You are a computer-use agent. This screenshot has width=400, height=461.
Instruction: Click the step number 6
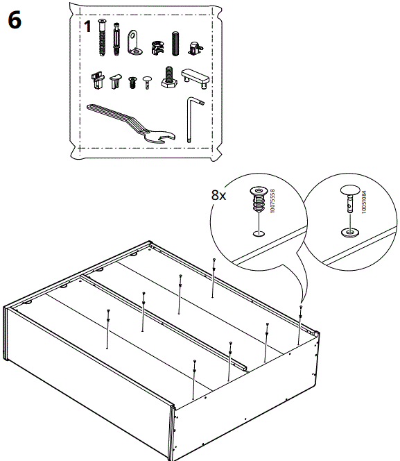(15, 19)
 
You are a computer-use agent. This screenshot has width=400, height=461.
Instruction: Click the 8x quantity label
(219, 196)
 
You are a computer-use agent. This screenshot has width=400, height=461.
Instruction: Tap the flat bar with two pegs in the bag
(195, 76)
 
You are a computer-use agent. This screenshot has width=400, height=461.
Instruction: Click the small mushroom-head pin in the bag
(146, 83)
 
